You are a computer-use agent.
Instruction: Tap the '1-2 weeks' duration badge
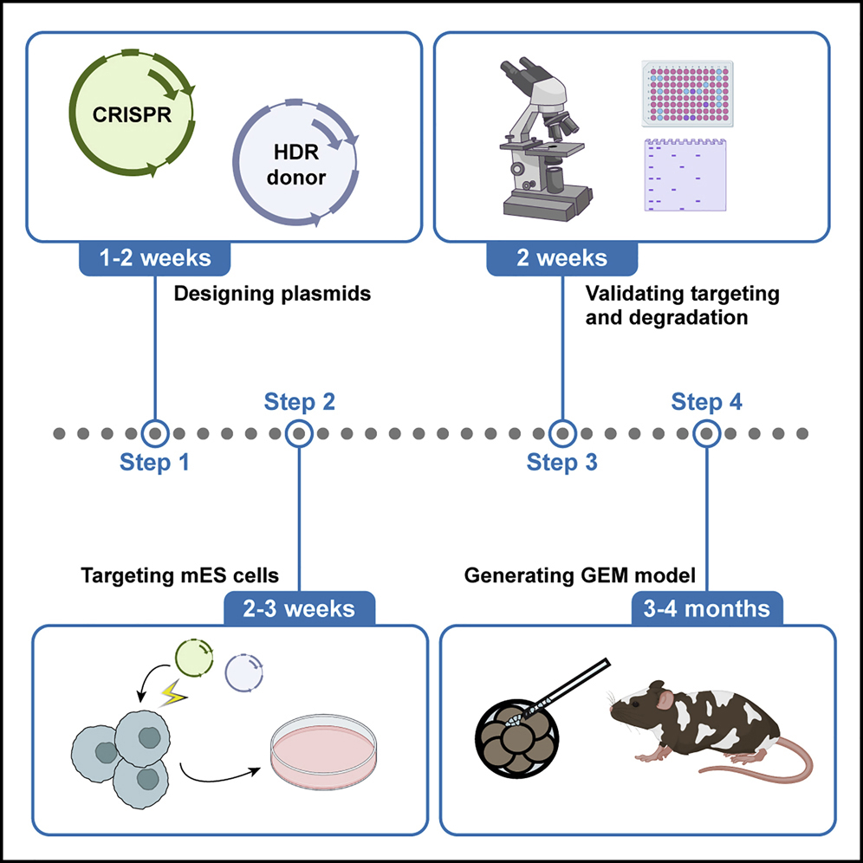tap(157, 258)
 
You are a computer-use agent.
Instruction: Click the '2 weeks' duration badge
tap(562, 258)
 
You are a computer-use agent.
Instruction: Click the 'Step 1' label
tap(154, 464)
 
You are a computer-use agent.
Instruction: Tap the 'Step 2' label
tap(299, 402)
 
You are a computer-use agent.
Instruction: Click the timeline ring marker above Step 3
tap(562, 431)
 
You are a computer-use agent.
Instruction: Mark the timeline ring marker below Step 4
tap(707, 431)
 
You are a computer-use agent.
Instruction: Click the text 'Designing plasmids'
tap(272, 294)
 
